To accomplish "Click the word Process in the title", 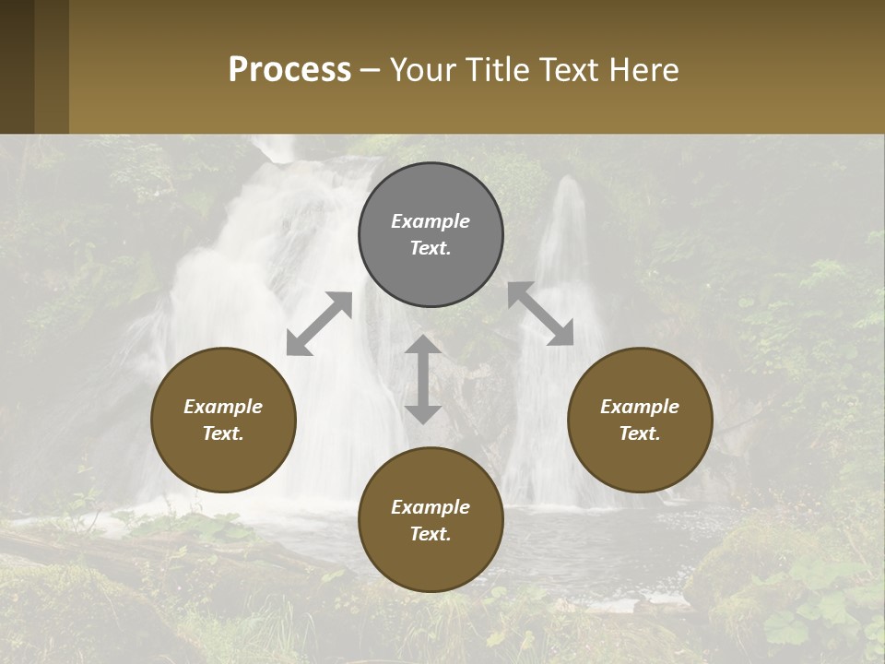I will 289,70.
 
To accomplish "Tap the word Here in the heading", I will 643,70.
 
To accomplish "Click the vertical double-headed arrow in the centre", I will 423,380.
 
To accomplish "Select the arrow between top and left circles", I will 319,324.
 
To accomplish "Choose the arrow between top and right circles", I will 541,314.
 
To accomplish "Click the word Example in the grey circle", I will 431,221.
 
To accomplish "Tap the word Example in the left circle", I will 223,407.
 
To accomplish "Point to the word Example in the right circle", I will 640,407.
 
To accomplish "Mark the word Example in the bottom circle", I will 431,507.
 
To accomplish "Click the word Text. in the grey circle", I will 431,249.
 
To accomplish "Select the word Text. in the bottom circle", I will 431,534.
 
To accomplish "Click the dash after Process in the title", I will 371,70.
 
